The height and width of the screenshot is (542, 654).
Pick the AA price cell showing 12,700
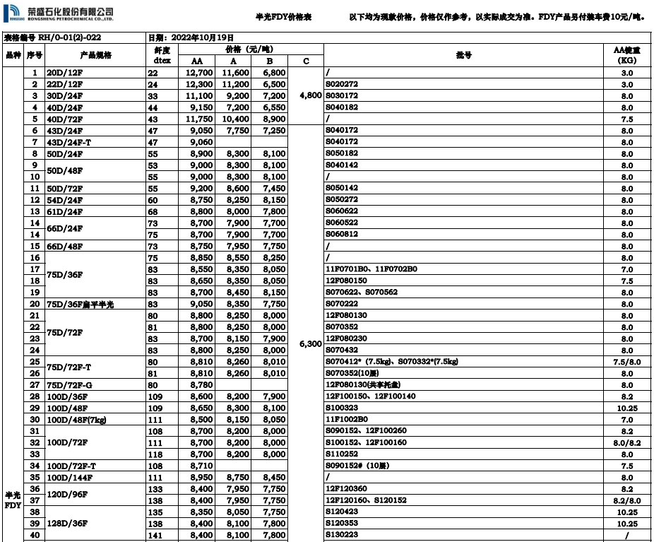199,73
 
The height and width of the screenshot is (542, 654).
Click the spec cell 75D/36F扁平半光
80,304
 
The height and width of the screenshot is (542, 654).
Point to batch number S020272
342,84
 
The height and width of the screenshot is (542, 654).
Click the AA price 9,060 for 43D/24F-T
201,142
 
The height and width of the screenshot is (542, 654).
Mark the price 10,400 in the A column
235,119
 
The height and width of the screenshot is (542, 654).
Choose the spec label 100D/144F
70,477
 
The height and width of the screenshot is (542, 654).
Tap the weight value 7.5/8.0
626,362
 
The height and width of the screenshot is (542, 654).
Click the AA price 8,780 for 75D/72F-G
201,384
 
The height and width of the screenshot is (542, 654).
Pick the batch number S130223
342,535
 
